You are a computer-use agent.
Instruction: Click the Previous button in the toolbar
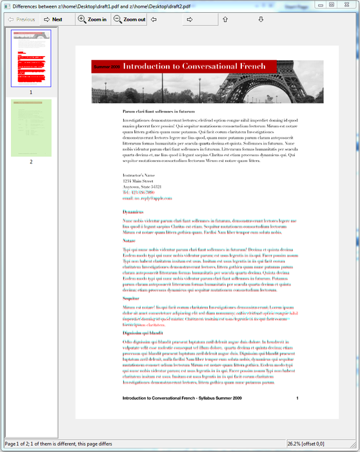coord(21,19)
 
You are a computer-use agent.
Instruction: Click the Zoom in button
coord(92,19)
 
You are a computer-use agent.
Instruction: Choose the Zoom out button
coord(129,19)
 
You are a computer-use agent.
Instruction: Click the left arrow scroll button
coord(154,19)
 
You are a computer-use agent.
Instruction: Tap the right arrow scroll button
coord(190,19)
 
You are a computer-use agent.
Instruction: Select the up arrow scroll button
coord(225,19)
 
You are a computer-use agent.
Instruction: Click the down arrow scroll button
coord(261,19)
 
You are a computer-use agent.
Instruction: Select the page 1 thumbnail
coord(31,58)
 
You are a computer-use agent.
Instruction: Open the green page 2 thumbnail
coord(31,127)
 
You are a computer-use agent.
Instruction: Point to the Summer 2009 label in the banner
coord(106,67)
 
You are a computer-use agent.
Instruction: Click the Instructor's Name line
coord(139,175)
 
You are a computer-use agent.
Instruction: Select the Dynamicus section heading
coord(133,212)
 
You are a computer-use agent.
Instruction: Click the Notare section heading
coord(130,240)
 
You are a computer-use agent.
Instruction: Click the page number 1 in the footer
coord(297,398)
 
